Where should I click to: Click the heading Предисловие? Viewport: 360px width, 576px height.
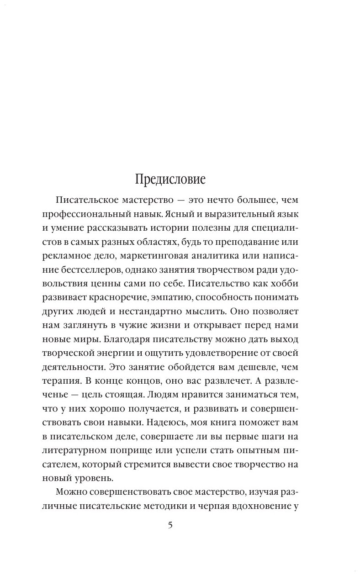tap(170, 179)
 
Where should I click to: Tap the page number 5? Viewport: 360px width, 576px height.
tap(170, 525)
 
